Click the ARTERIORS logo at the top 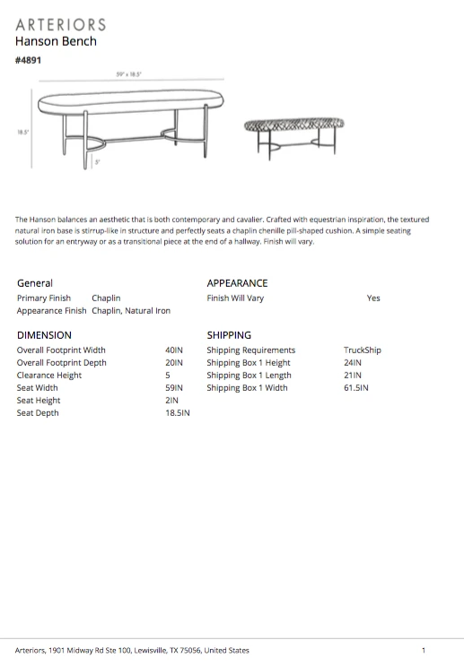60,24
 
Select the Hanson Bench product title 56,41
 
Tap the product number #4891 29,60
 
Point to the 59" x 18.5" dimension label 128,75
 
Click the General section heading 35,283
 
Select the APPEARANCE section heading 237,283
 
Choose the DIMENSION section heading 44,335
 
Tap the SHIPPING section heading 229,335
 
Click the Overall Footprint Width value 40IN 174,350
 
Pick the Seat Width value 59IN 174,388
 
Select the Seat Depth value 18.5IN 178,413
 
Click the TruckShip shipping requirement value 363,350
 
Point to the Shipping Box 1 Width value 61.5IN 356,388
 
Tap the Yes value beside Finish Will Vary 373,298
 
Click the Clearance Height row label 49,376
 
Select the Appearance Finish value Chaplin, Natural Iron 131,311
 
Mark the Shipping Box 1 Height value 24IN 353,363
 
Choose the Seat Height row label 39,401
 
